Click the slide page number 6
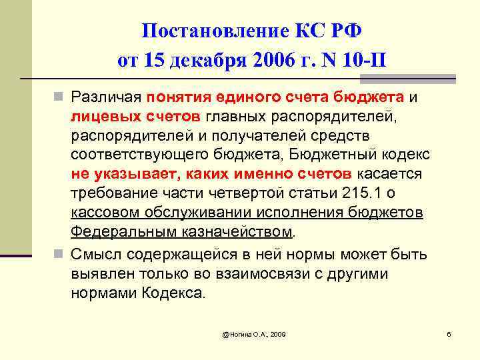(449, 333)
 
